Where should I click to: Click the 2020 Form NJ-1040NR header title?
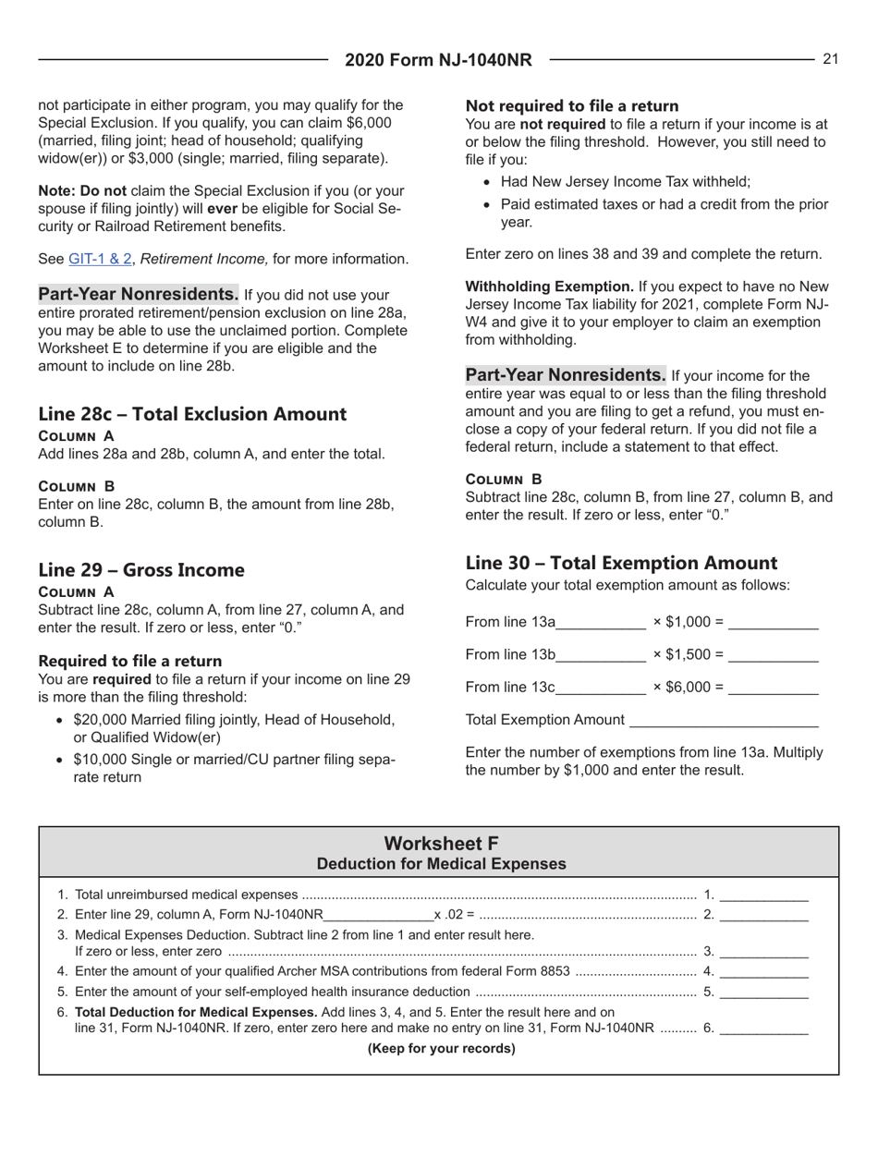[x=439, y=60]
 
